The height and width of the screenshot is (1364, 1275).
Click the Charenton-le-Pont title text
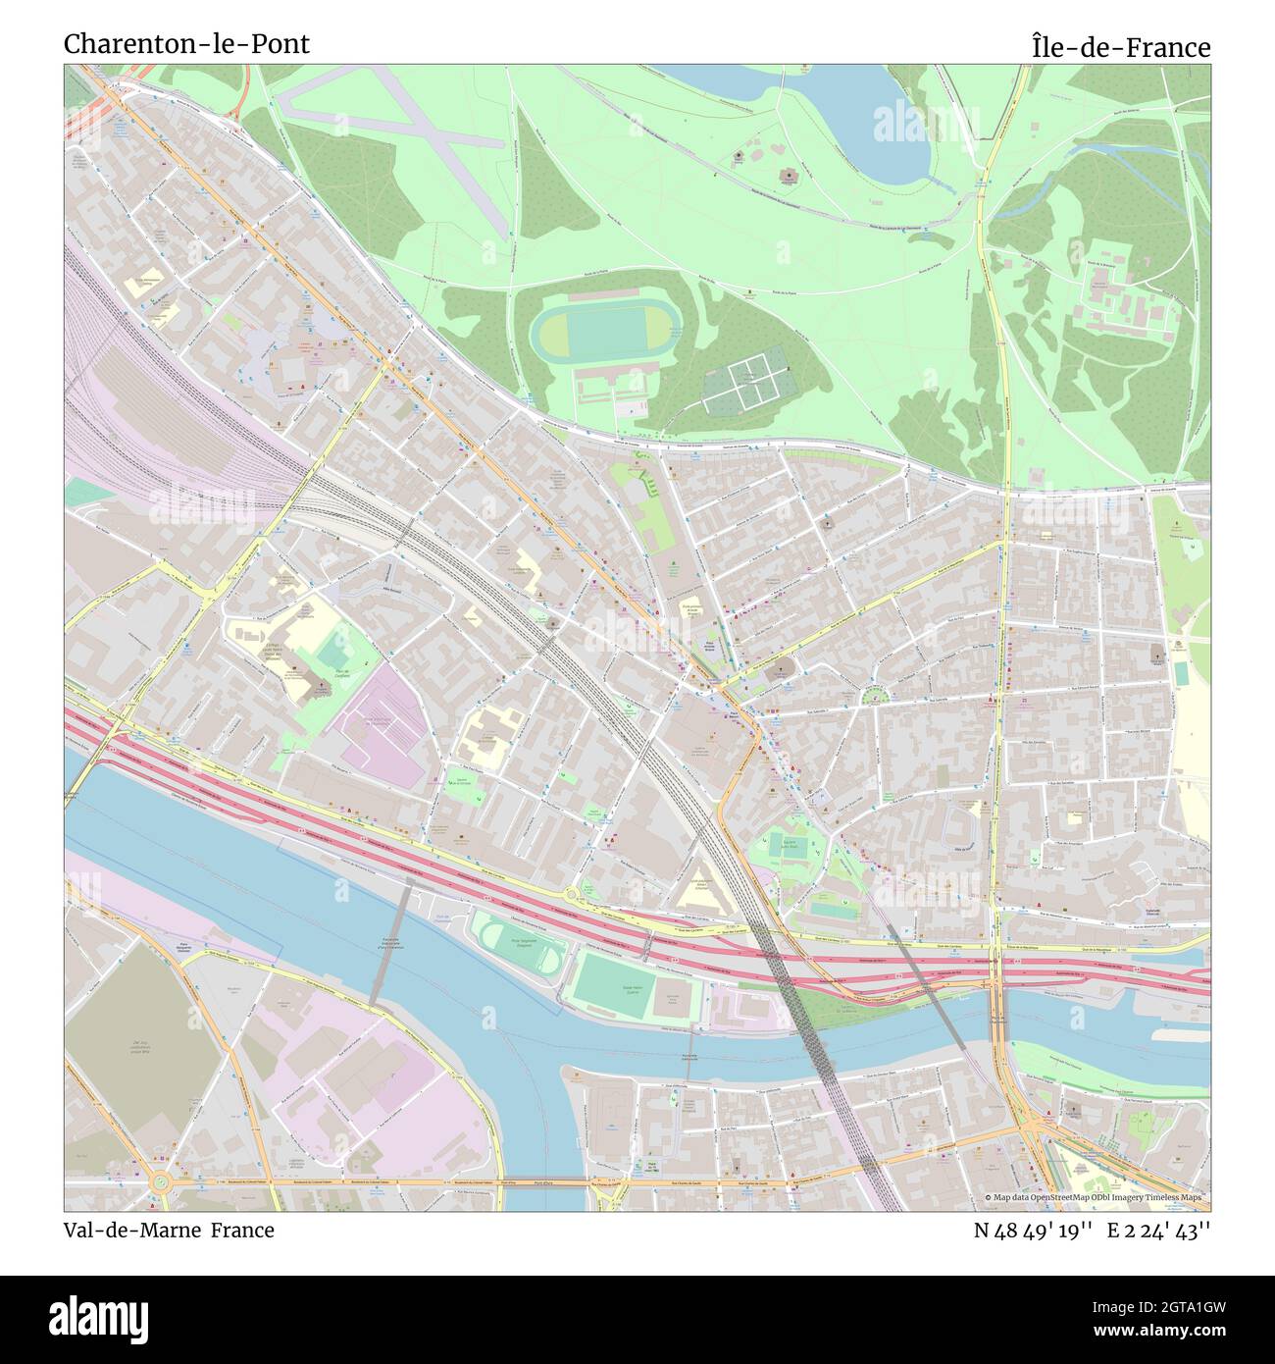coord(186,44)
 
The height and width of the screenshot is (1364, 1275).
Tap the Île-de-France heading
coord(1120,46)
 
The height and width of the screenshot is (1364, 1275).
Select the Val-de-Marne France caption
coord(169,1230)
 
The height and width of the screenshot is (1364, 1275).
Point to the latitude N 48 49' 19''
coord(1033,1230)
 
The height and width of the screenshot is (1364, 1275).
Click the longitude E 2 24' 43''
coord(1158,1230)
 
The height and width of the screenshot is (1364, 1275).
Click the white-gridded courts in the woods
coord(745,383)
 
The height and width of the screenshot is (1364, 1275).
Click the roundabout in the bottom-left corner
coord(159,1184)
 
